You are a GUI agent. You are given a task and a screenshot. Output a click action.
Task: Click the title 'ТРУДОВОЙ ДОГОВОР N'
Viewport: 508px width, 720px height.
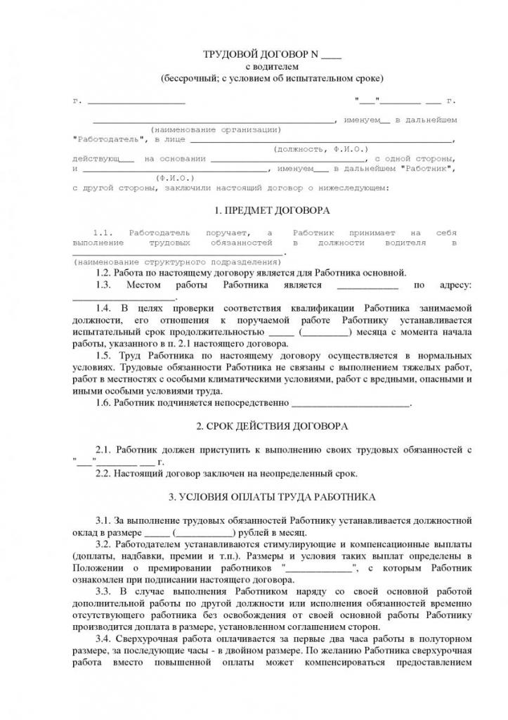tap(261, 54)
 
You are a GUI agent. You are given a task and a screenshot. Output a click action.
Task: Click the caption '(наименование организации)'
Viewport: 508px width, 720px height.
tap(215, 129)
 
